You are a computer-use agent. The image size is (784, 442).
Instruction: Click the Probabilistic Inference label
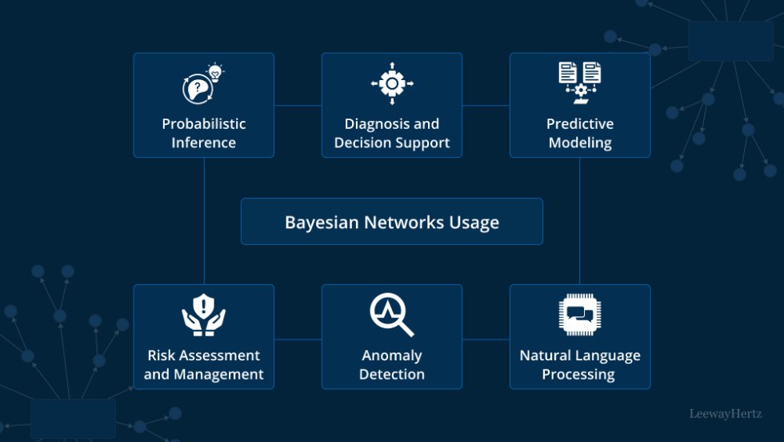pyautogui.click(x=203, y=133)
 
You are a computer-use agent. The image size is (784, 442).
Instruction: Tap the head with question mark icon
pyautogui.click(x=200, y=85)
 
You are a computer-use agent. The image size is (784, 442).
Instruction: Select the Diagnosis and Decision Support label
pyautogui.click(x=391, y=133)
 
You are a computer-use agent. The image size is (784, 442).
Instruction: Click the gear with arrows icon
pyautogui.click(x=392, y=83)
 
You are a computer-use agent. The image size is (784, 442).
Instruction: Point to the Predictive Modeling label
pyautogui.click(x=579, y=133)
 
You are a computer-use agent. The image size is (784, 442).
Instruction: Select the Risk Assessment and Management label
pyautogui.click(x=203, y=364)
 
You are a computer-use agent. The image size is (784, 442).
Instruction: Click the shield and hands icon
pyautogui.click(x=204, y=315)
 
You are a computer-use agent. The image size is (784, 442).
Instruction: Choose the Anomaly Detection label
pyautogui.click(x=391, y=364)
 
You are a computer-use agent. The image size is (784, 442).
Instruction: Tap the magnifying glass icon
pyautogui.click(x=392, y=315)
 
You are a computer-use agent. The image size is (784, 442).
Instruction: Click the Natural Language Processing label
pyautogui.click(x=579, y=364)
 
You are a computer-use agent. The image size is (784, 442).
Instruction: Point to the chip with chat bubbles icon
pyautogui.click(x=580, y=315)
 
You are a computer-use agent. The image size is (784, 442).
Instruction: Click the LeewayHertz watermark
pyautogui.click(x=726, y=414)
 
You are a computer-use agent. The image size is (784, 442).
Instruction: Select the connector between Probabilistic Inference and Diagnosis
pyautogui.click(x=298, y=105)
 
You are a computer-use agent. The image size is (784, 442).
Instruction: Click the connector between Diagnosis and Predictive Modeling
pyautogui.click(x=486, y=105)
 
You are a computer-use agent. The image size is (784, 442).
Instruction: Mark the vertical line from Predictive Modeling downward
pyautogui.click(x=580, y=220)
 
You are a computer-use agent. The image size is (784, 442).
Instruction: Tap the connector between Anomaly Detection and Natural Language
pyautogui.click(x=486, y=339)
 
